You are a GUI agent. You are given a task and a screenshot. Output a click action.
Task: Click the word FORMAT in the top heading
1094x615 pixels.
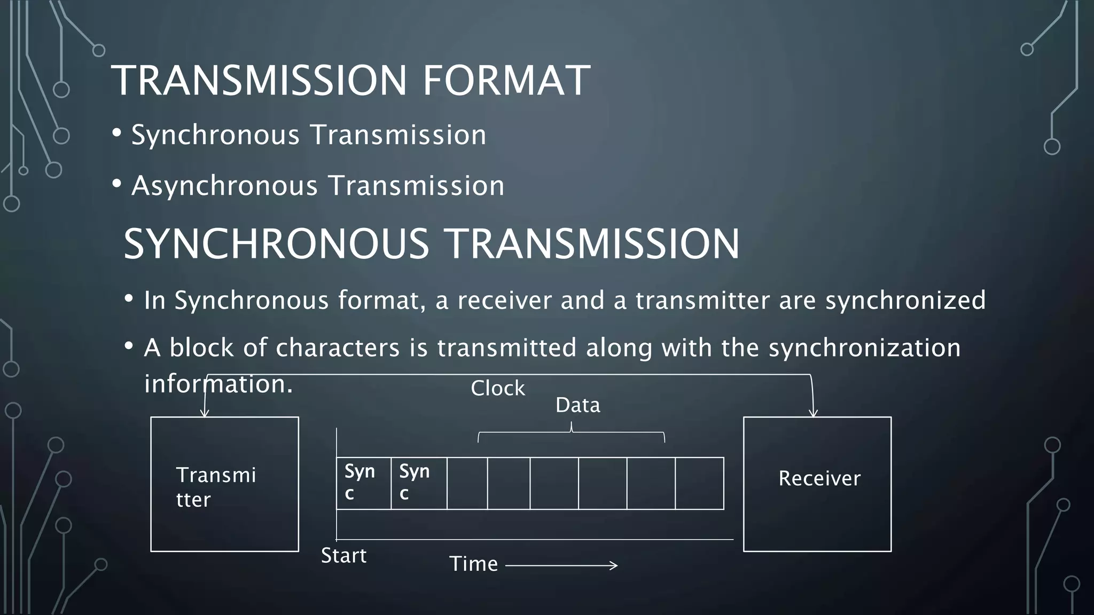tap(506, 81)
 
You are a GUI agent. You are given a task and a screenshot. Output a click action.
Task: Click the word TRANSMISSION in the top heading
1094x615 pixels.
tap(259, 81)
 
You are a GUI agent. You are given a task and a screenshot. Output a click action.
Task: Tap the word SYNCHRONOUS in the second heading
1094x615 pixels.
tap(276, 244)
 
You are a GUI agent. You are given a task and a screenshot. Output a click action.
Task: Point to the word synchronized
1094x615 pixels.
tap(905, 300)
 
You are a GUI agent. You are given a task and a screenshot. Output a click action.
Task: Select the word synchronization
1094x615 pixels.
tap(864, 348)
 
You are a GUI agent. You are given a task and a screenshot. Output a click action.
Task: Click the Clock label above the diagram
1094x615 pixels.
tap(498, 389)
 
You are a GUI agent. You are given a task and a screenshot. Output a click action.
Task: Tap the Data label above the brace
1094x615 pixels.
tap(578, 405)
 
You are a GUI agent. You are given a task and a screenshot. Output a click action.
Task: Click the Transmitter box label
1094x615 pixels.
tap(216, 487)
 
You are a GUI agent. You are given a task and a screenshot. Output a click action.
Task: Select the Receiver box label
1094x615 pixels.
tap(819, 478)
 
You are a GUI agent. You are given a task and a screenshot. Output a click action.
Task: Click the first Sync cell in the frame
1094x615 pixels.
tap(363, 483)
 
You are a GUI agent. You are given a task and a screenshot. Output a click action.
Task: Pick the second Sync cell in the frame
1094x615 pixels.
tap(418, 483)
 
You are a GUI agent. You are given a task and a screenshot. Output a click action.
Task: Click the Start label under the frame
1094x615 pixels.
tap(343, 556)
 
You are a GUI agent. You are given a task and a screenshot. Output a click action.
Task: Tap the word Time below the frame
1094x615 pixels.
tap(473, 564)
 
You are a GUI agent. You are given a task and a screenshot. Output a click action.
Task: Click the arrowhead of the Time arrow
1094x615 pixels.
tap(615, 565)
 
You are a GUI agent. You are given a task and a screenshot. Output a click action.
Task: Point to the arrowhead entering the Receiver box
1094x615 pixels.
tap(813, 414)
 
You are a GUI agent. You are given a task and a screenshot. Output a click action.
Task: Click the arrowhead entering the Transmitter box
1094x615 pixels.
tap(204, 413)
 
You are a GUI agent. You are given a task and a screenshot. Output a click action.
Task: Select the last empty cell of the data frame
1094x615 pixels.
tap(699, 483)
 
